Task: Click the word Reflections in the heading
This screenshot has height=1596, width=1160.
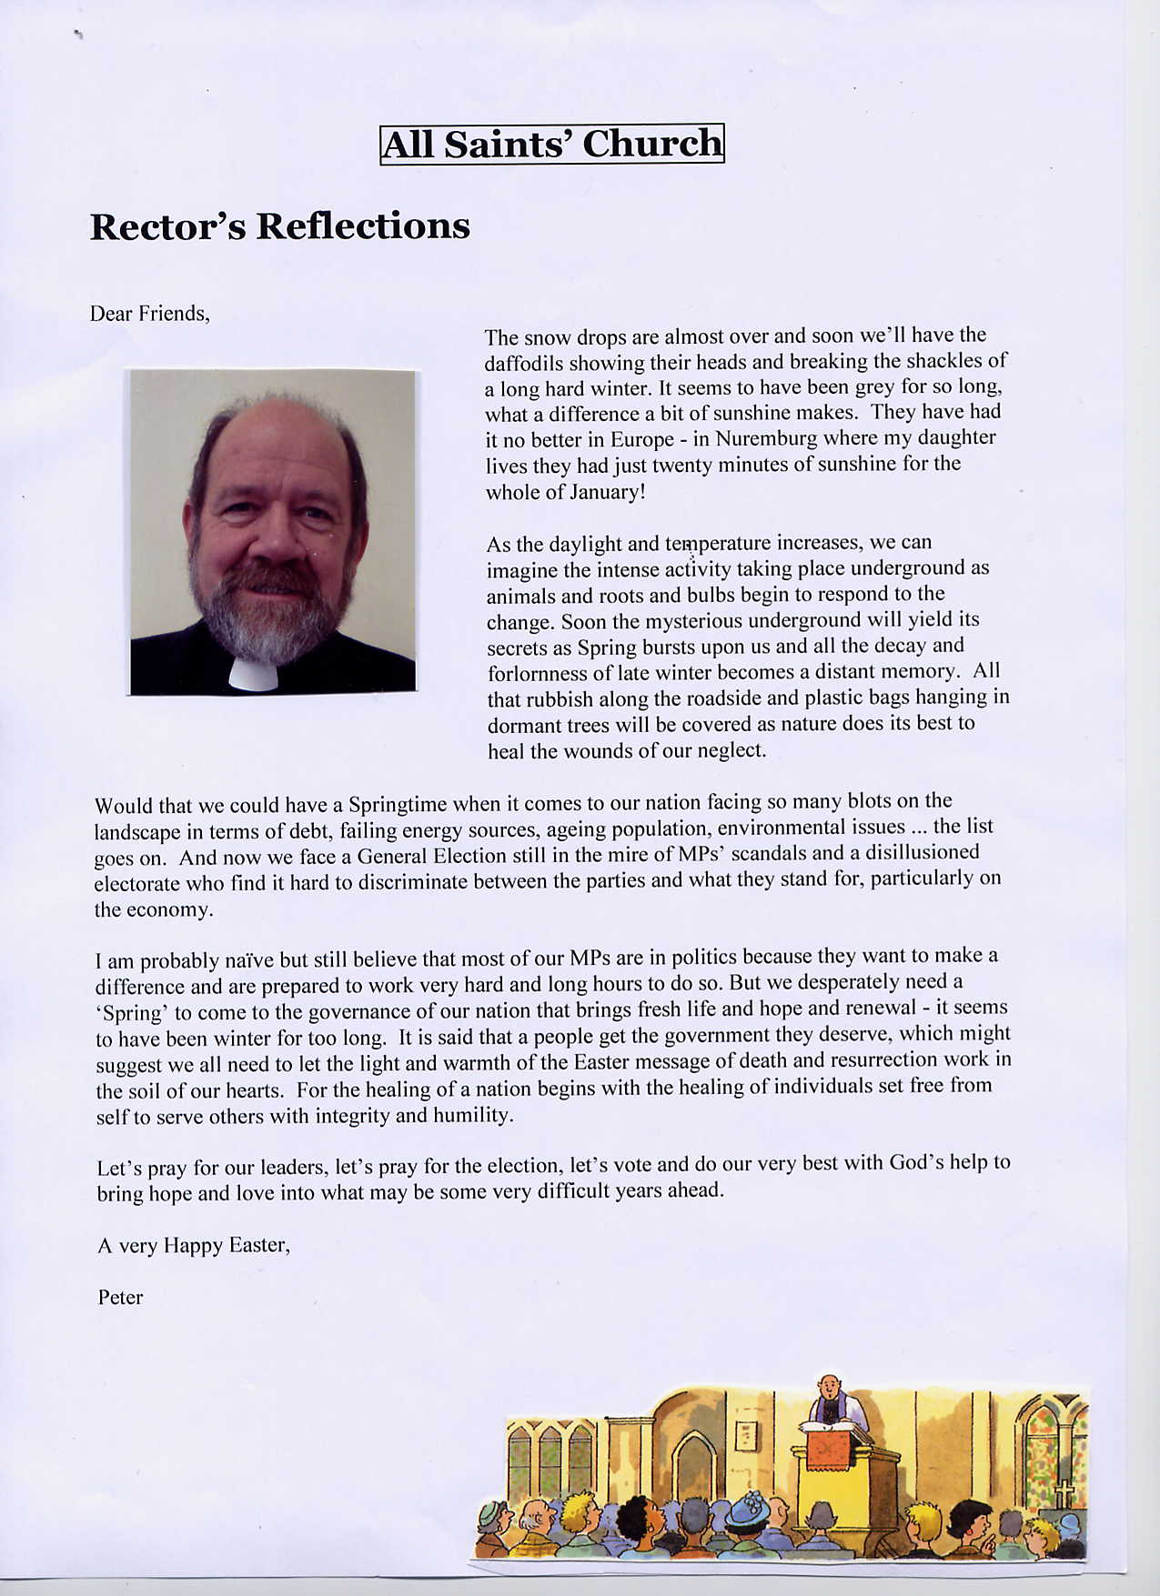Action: click(362, 226)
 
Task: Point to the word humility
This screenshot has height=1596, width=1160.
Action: click(474, 1115)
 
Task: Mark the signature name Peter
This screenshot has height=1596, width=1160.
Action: click(120, 1298)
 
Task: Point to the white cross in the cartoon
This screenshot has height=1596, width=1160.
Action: click(1062, 1493)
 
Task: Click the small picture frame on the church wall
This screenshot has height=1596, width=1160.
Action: click(745, 1435)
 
